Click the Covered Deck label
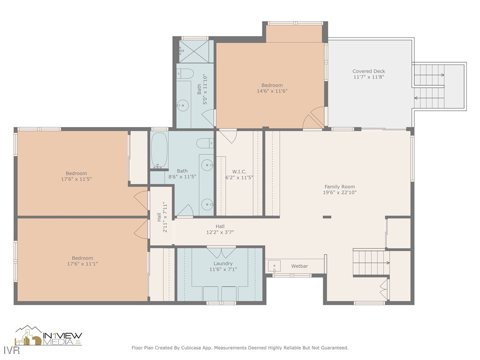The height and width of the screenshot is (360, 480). click(x=369, y=71)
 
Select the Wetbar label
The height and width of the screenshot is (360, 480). click(x=300, y=266)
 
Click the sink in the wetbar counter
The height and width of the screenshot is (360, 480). click(x=274, y=266)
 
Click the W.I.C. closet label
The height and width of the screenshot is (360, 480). click(x=239, y=172)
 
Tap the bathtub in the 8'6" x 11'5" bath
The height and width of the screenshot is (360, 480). click(x=159, y=150)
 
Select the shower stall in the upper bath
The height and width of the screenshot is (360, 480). click(x=195, y=52)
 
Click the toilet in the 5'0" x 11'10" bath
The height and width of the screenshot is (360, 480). click(x=186, y=74)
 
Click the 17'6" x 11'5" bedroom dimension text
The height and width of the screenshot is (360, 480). click(x=76, y=179)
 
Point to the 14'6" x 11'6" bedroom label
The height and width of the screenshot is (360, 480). click(x=272, y=85)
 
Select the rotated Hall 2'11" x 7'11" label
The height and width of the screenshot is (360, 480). click(x=162, y=217)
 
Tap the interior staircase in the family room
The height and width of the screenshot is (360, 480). click(x=370, y=258)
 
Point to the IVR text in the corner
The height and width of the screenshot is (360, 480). click(x=8, y=350)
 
